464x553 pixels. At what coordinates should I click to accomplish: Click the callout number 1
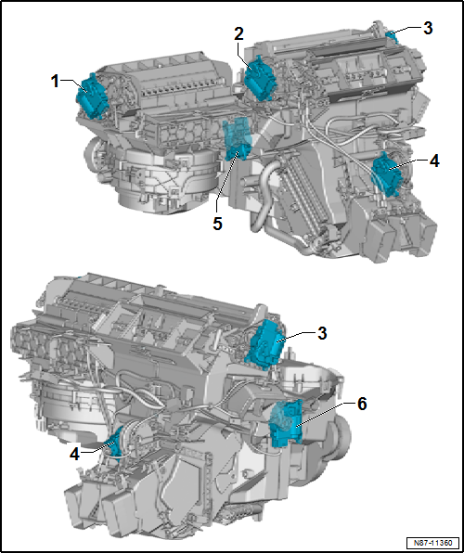[55, 82]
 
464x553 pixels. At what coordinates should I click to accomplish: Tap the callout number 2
[238, 33]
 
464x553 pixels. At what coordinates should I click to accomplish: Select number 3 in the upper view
[427, 28]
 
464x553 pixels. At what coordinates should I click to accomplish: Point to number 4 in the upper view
[434, 160]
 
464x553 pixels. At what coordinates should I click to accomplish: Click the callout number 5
[216, 223]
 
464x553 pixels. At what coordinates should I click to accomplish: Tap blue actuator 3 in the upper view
[392, 37]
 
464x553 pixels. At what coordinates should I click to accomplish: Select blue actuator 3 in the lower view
[268, 344]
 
